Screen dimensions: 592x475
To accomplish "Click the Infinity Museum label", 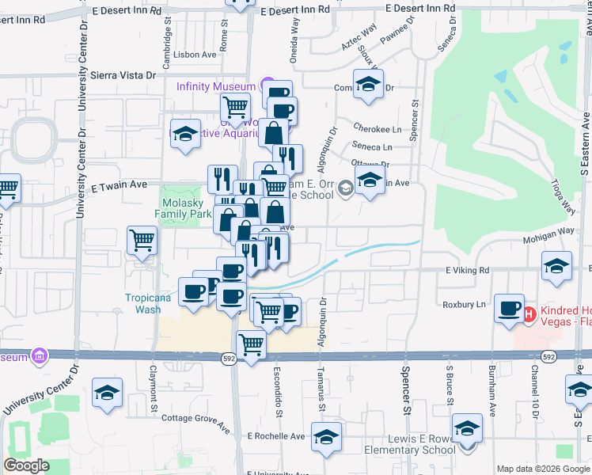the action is [x=215, y=86].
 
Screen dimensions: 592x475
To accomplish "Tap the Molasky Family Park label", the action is [x=183, y=208].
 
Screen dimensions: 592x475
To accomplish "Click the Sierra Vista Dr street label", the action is [x=124, y=75].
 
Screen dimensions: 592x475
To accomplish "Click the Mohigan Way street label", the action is [x=547, y=234].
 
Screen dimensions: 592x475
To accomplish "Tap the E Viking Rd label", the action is [x=468, y=270].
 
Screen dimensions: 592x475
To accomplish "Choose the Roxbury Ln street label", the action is [x=465, y=304].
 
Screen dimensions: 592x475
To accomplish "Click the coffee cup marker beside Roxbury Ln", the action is [x=508, y=308].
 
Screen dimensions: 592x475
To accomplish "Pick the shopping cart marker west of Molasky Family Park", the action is [x=142, y=239].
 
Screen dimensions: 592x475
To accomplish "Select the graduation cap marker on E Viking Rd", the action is [x=557, y=266].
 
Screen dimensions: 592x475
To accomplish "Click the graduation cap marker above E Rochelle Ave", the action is [x=326, y=436].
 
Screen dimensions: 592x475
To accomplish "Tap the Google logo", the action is [x=26, y=465].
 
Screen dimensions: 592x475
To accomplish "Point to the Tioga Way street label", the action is [x=563, y=196].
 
